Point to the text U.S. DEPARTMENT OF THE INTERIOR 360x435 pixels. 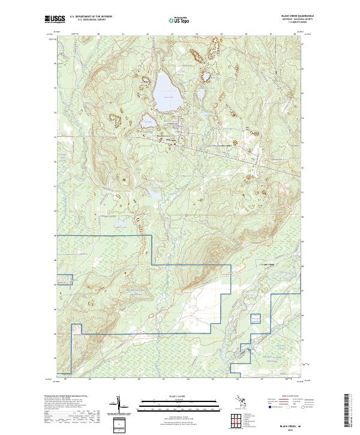coord(91,16)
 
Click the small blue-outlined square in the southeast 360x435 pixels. coord(256,320)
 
